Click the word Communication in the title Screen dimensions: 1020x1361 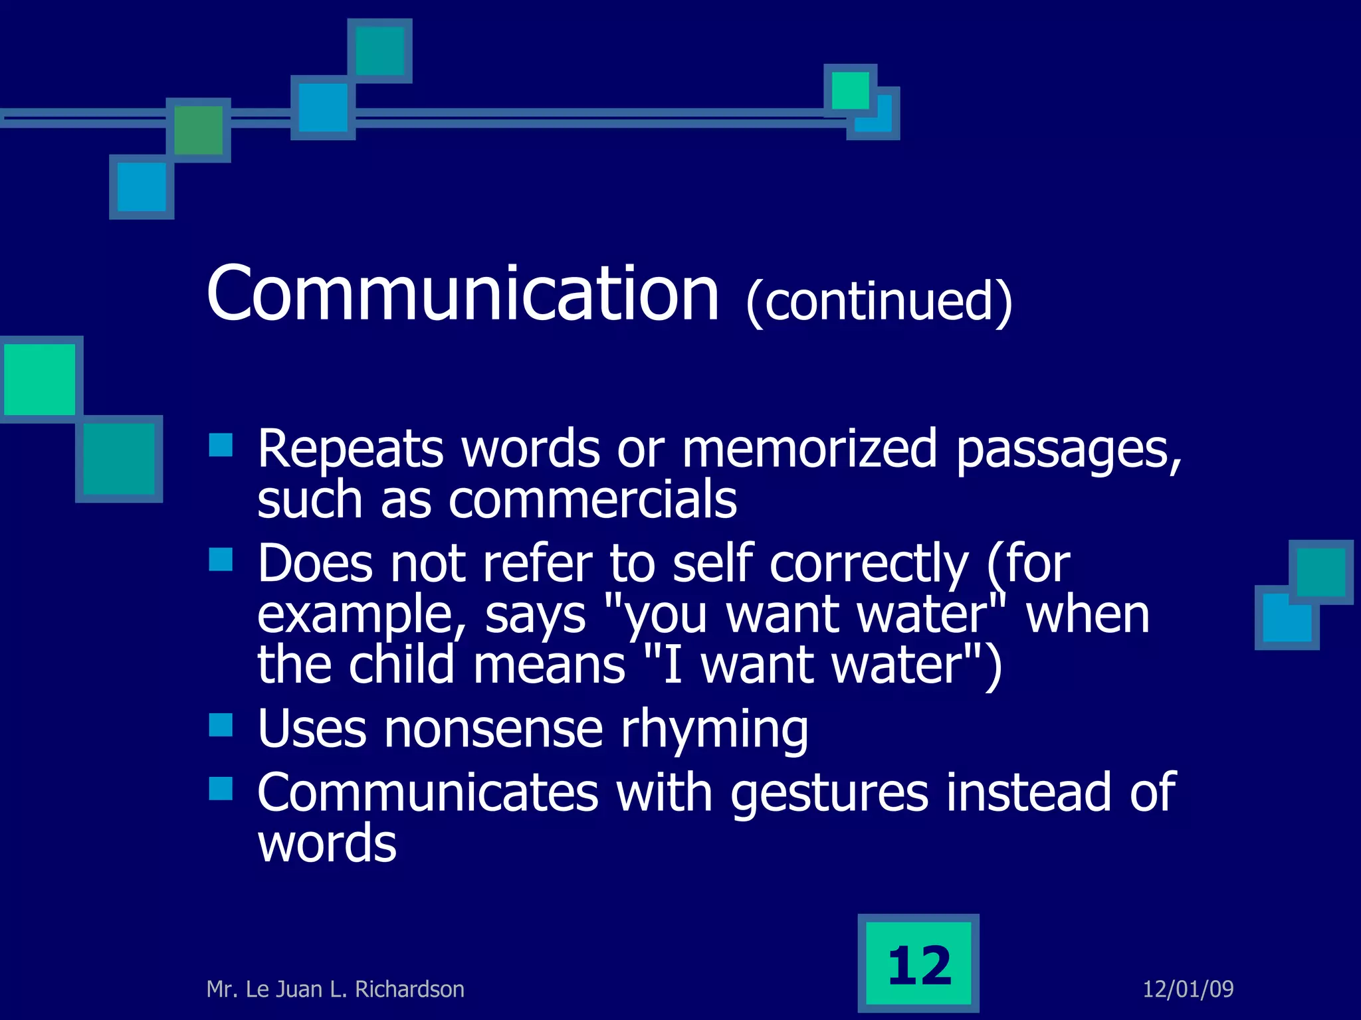pos(463,294)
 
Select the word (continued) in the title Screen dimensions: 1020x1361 pos(879,302)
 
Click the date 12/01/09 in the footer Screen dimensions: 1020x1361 pos(1188,989)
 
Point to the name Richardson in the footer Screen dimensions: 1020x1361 pos(409,989)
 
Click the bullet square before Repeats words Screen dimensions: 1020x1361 pos(221,445)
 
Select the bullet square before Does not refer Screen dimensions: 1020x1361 pos(221,559)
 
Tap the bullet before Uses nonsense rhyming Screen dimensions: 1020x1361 pos(221,725)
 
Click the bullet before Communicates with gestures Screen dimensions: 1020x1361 pos(221,789)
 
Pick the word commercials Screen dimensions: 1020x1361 pos(592,500)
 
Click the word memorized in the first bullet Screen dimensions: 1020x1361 pos(809,450)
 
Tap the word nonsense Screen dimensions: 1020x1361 pos(493,729)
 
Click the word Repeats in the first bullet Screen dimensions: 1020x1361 pos(350,450)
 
